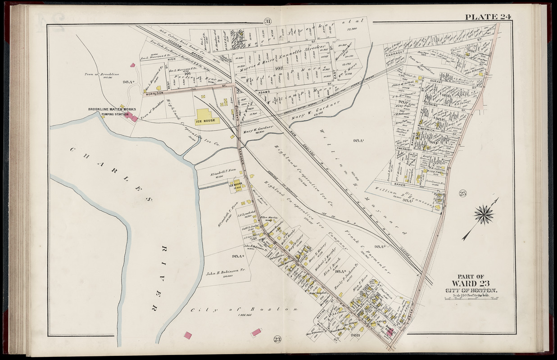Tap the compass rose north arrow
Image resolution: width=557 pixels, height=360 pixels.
[x=483, y=214]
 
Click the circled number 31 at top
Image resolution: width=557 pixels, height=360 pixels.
[x=268, y=22]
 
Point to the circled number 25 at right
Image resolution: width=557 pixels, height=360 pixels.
[x=462, y=193]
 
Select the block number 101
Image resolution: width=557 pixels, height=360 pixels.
[x=188, y=73]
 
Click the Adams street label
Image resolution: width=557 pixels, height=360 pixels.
[x=264, y=92]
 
